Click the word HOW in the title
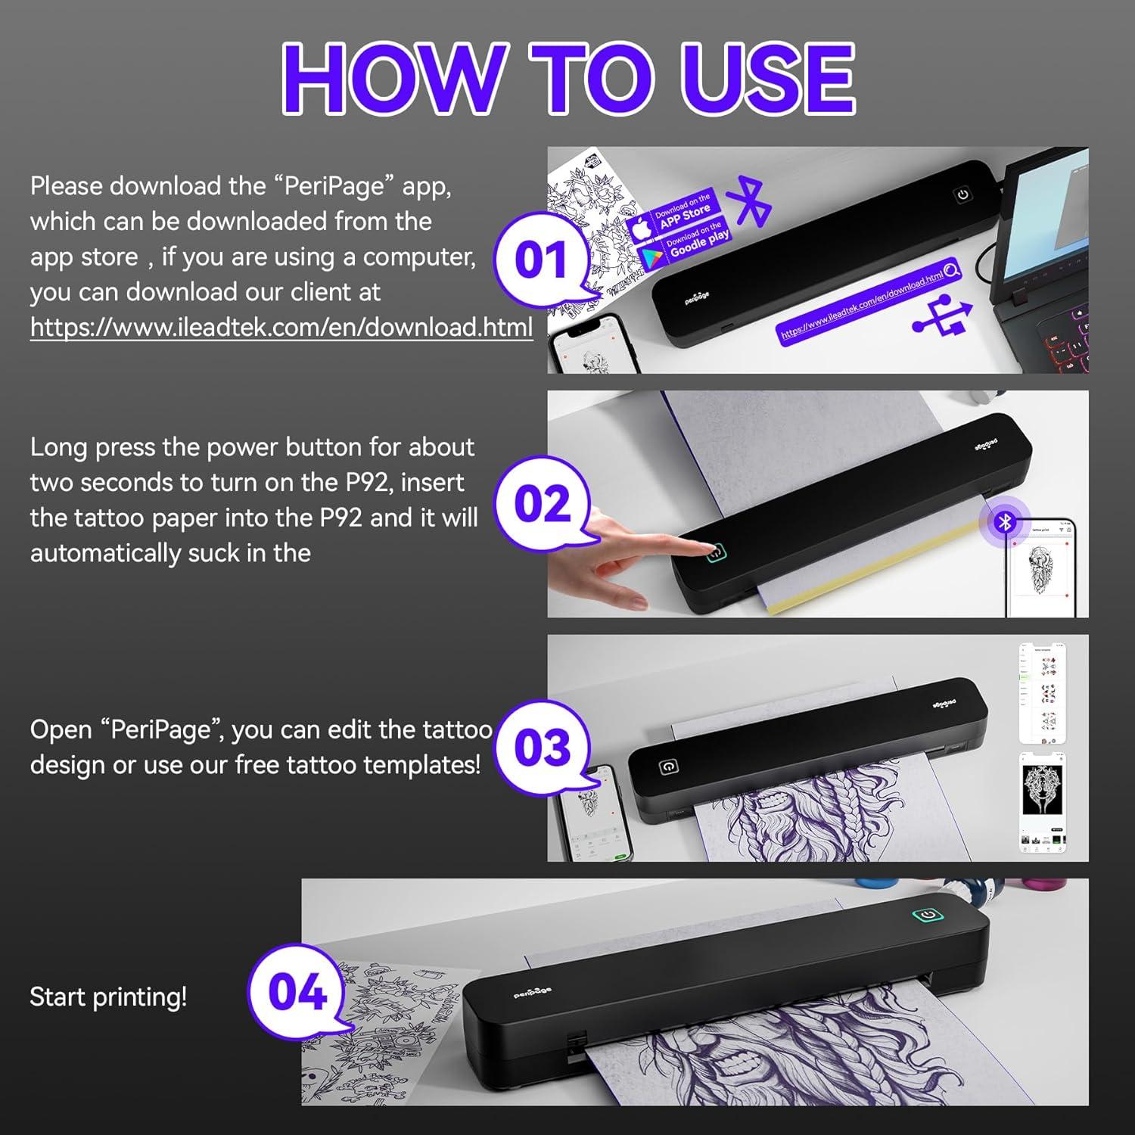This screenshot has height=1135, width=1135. click(393, 78)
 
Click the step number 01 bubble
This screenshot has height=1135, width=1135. click(540, 260)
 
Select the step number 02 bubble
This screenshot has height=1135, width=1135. click(542, 504)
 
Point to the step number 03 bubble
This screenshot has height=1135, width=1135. click(542, 748)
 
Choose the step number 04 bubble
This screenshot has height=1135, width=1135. click(297, 991)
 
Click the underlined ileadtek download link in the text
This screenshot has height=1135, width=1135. click(281, 327)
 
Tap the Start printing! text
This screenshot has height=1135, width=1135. click(108, 997)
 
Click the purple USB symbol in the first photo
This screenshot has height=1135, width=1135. click(942, 316)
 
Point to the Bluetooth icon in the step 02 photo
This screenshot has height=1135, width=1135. click(1004, 521)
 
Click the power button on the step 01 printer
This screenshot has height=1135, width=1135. click(962, 194)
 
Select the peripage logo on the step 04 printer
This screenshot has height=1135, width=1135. click(533, 992)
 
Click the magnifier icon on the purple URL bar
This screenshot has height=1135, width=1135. click(951, 269)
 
